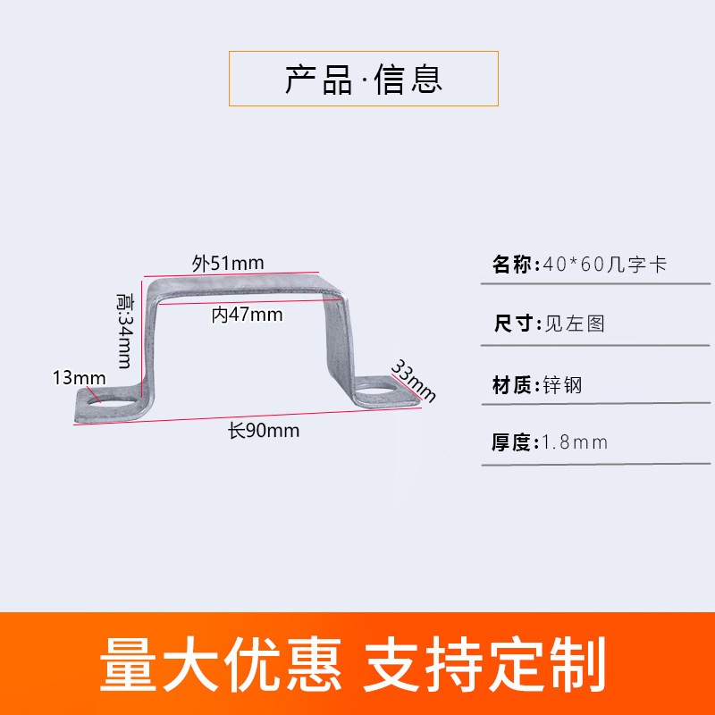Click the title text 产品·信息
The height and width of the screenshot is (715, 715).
pyautogui.click(x=364, y=80)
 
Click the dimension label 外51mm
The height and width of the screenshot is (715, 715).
pyautogui.click(x=228, y=263)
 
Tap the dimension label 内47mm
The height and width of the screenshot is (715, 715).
pyautogui.click(x=247, y=315)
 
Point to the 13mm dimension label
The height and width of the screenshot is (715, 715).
pyautogui.click(x=79, y=377)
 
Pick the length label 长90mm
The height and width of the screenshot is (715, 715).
pyautogui.click(x=263, y=431)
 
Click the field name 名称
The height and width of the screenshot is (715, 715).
pyautogui.click(x=512, y=265)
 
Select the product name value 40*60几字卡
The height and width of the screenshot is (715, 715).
pyautogui.click(x=604, y=265)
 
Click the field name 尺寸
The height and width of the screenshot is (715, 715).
pyautogui.click(x=512, y=324)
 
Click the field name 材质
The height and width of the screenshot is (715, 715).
pyautogui.click(x=512, y=385)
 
